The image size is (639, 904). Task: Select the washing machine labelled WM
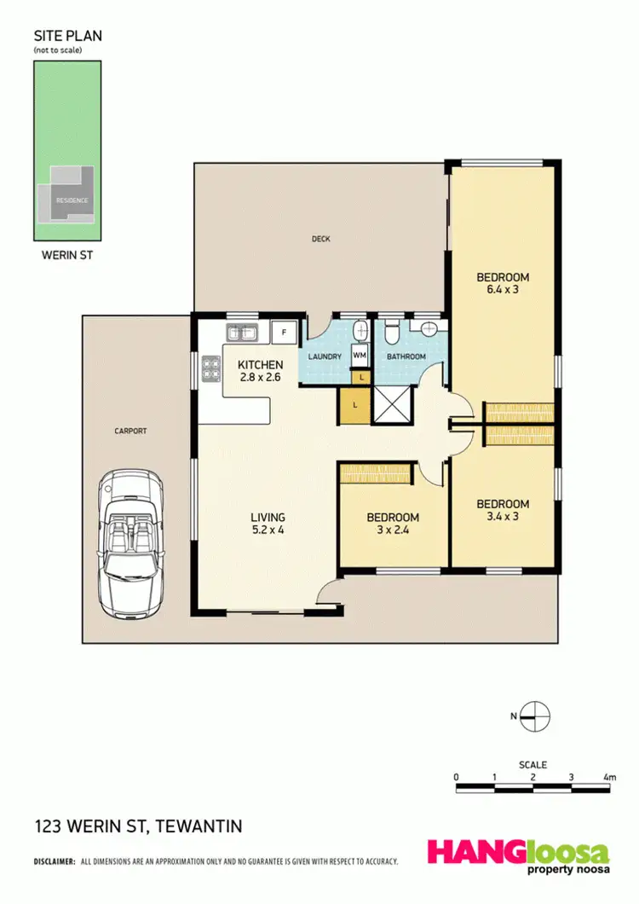[x=360, y=355]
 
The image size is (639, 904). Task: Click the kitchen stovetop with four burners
[x=210, y=368]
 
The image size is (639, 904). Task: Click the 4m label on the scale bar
[x=608, y=777]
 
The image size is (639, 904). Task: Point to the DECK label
[x=320, y=239]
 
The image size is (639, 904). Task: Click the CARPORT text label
[x=131, y=432]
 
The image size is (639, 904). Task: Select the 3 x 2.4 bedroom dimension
[x=393, y=530]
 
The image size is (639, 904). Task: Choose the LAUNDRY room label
[x=325, y=356]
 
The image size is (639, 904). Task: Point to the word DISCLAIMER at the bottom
[x=55, y=861]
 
